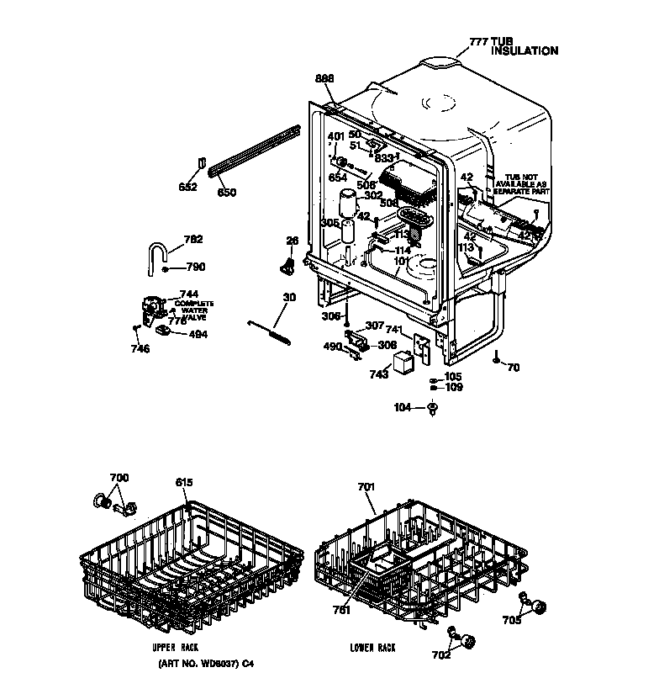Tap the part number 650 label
[x=226, y=193]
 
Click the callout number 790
[x=195, y=268]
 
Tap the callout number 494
[x=198, y=334]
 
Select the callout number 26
[x=292, y=241]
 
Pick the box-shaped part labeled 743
[x=407, y=360]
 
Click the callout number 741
[x=396, y=331]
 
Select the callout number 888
[x=324, y=78]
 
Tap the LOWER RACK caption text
[x=372, y=648]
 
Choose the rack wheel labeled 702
[x=466, y=642]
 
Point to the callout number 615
[x=184, y=482]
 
